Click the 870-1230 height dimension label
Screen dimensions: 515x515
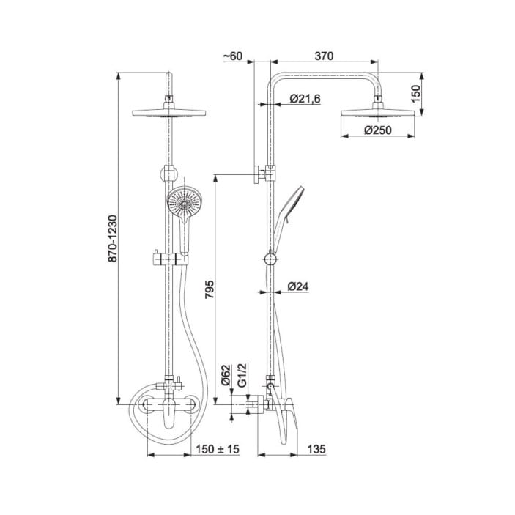click(113, 238)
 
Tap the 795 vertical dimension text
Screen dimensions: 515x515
click(210, 289)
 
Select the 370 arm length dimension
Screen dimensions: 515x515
click(324, 56)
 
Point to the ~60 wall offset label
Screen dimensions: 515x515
click(233, 56)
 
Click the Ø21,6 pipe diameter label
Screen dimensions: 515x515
click(305, 99)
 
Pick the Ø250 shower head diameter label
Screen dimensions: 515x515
click(378, 130)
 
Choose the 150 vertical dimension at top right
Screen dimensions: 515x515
click(415, 94)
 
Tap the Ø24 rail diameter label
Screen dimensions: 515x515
click(298, 286)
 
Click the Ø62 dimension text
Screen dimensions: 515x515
click(226, 375)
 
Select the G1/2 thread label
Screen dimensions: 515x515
click(242, 375)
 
